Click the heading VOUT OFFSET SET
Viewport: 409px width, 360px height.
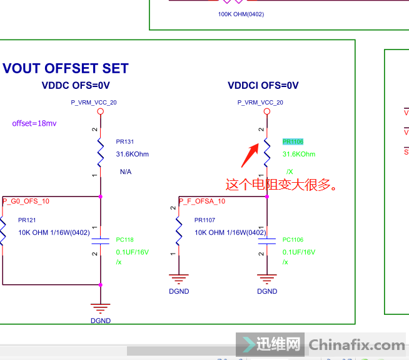click(x=66, y=68)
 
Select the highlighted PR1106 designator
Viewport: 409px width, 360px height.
click(x=293, y=142)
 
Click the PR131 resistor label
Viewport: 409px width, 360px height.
click(x=125, y=142)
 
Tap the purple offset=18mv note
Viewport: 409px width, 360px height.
click(x=34, y=123)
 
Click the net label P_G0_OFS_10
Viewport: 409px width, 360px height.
click(x=26, y=201)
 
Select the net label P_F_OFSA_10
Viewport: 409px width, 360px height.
click(x=202, y=201)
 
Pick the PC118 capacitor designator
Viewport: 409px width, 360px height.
click(x=125, y=239)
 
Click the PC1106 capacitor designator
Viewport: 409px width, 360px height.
click(x=293, y=239)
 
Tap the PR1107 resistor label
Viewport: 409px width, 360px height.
click(x=204, y=220)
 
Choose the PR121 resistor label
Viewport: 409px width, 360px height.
click(x=27, y=220)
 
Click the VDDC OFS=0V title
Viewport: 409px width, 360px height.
click(x=76, y=85)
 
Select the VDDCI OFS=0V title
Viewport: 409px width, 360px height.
click(x=263, y=85)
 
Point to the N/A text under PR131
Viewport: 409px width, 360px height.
click(x=126, y=172)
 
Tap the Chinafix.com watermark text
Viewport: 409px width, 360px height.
click(x=357, y=345)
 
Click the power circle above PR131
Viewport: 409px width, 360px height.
click(x=100, y=113)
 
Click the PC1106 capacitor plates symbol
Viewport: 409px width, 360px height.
click(x=267, y=240)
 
